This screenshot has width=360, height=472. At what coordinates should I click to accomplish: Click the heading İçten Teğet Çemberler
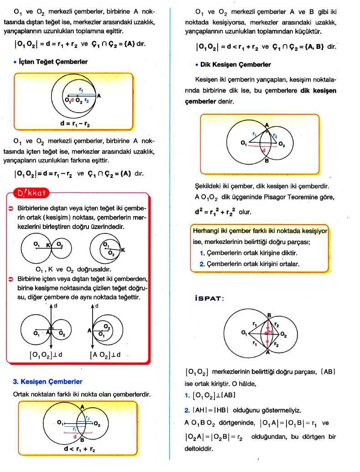click(x=53, y=62)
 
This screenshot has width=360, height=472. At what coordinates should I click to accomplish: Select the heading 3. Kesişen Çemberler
click(x=48, y=382)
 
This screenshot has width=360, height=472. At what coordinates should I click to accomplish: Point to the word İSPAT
click(x=209, y=298)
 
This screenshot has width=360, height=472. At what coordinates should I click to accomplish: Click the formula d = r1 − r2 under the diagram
click(x=75, y=123)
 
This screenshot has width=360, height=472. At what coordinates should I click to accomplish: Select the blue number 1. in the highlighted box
click(x=202, y=252)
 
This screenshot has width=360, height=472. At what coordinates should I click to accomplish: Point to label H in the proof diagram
click(x=270, y=332)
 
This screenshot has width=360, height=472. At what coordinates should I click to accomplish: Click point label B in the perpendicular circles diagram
click(x=266, y=166)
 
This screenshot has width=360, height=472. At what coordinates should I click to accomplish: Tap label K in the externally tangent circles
click(x=48, y=245)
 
